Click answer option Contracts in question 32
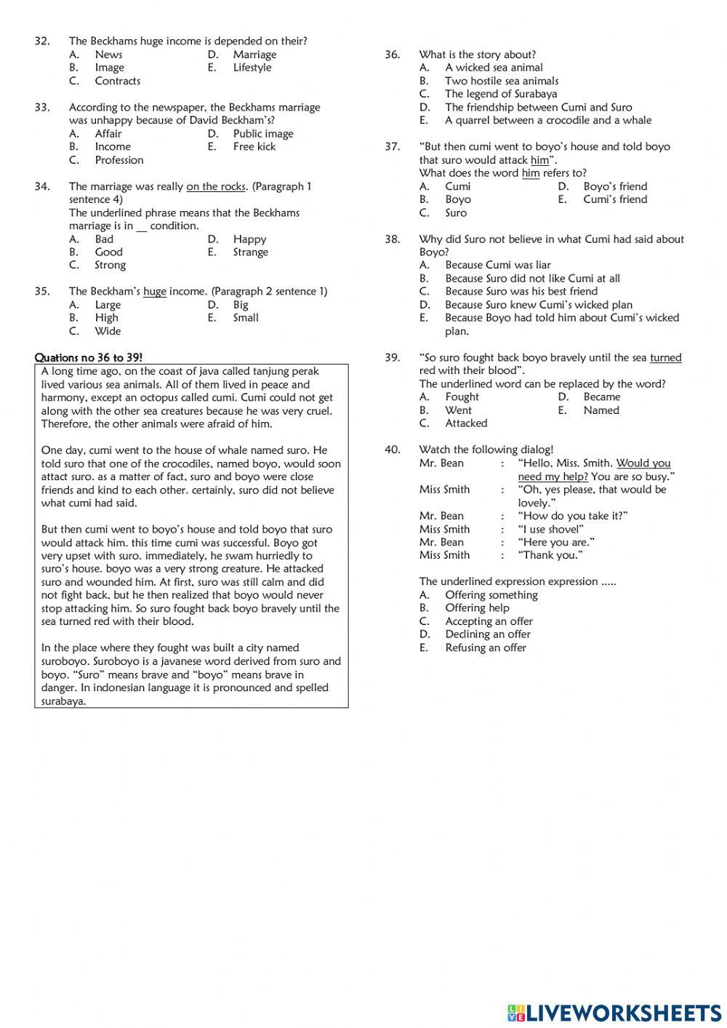pos(117,81)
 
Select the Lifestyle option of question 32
pos(252,68)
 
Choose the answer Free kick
pos(254,146)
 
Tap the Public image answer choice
pos(262,133)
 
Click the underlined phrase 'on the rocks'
pos(216,186)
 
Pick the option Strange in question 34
pos(250,252)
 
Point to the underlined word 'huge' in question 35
pos(155,291)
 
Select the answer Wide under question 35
pos(108,331)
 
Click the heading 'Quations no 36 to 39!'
pos(89,357)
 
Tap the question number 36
pos(392,55)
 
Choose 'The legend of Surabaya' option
pos(501,94)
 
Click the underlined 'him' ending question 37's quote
pos(539,160)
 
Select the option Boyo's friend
pos(614,186)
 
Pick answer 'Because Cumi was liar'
pos(497,265)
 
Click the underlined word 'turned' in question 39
pos(665,357)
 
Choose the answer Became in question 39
pos(601,397)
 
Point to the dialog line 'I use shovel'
pos(550,529)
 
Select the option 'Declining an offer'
pos(488,634)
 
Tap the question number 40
pos(392,450)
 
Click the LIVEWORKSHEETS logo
pos(614,1012)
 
